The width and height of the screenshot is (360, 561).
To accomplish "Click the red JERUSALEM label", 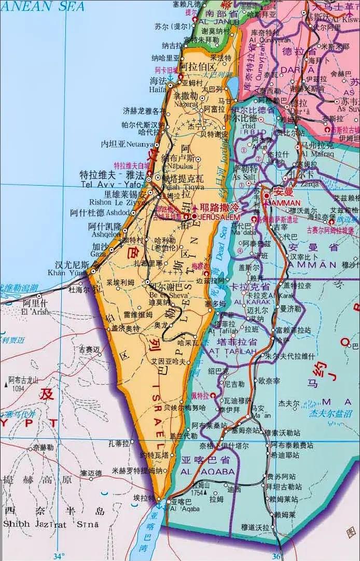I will (x=212, y=217).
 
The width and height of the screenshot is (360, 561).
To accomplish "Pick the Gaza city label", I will (x=99, y=255).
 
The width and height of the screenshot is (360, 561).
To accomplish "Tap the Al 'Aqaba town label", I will (x=181, y=510).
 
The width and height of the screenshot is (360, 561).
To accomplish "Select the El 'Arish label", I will (x=35, y=312).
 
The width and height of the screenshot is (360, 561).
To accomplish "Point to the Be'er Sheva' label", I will (x=163, y=296).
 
